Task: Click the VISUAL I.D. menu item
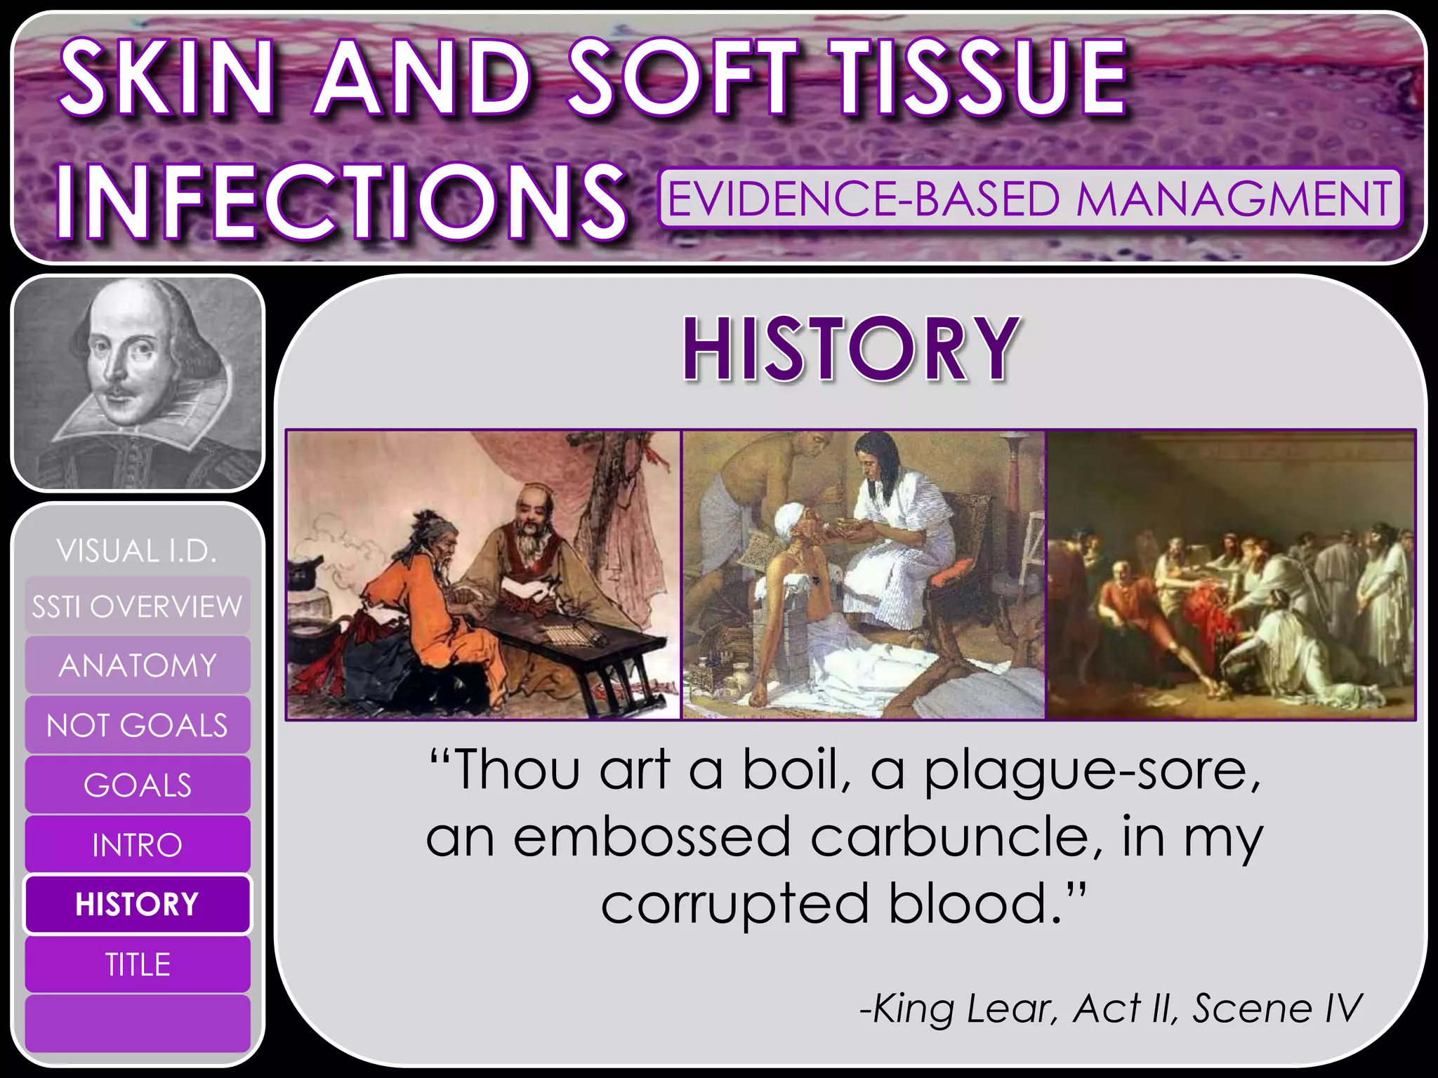[137, 551]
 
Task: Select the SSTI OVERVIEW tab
[137, 606]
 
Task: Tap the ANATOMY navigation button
[137, 665]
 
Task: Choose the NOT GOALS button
[137, 725]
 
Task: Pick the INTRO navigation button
[137, 844]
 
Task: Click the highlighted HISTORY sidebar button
[137, 904]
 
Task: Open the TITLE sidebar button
[137, 964]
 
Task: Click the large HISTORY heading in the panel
[850, 349]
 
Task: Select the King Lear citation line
[1109, 1009]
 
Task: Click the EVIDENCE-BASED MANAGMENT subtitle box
[1029, 199]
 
